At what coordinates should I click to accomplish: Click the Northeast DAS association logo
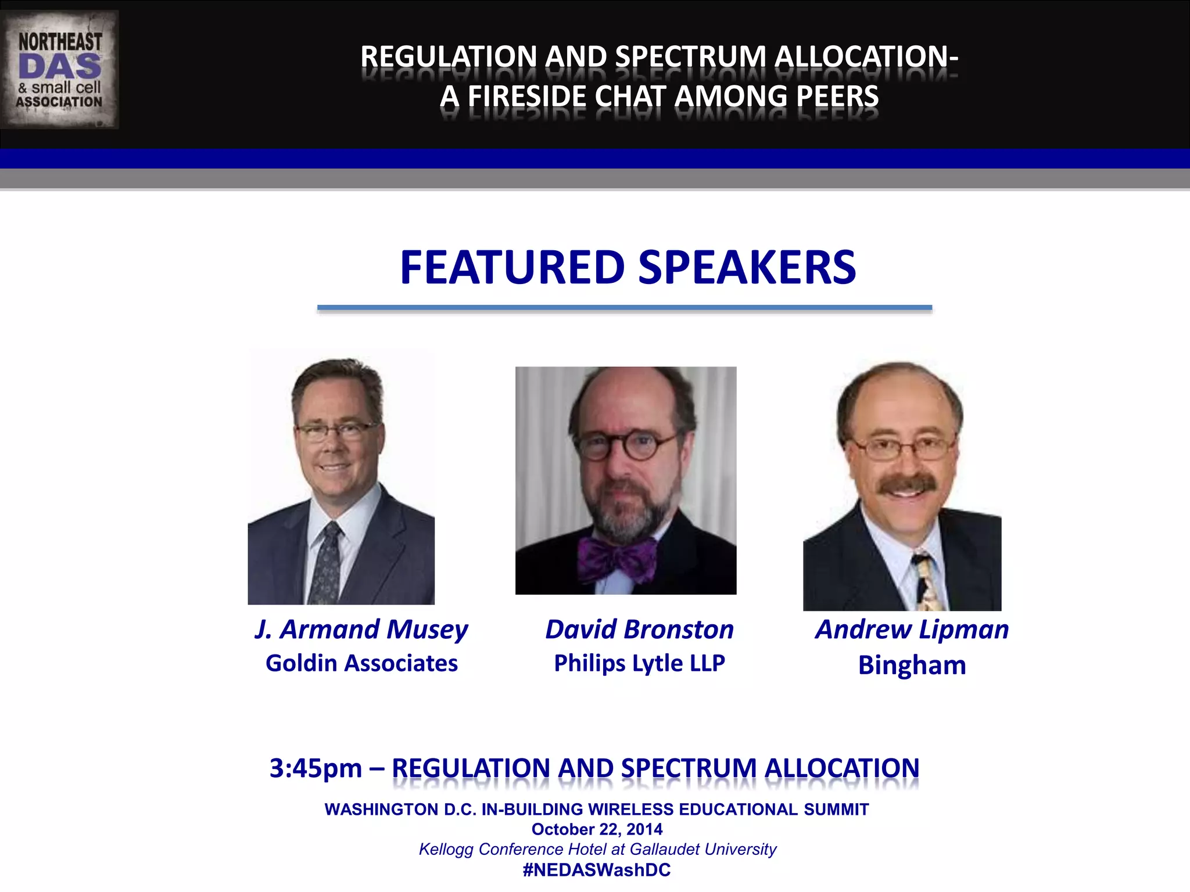pyautogui.click(x=60, y=70)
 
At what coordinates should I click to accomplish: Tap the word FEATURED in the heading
pyautogui.click(x=512, y=268)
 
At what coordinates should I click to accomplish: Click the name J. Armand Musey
pyautogui.click(x=361, y=630)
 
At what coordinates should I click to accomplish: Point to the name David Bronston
pyautogui.click(x=639, y=630)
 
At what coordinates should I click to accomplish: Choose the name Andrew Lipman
pyautogui.click(x=912, y=630)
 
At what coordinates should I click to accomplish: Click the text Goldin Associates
pyautogui.click(x=361, y=663)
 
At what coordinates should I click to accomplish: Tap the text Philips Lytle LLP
pyautogui.click(x=639, y=663)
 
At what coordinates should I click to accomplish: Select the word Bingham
pyautogui.click(x=912, y=666)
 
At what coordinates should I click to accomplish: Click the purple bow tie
pyautogui.click(x=617, y=559)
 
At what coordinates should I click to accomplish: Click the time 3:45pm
pyautogui.click(x=316, y=769)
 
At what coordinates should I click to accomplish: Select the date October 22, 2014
pyautogui.click(x=597, y=829)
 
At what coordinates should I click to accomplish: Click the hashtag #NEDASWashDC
pyautogui.click(x=597, y=870)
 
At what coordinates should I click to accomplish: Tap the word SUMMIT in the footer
pyautogui.click(x=836, y=810)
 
